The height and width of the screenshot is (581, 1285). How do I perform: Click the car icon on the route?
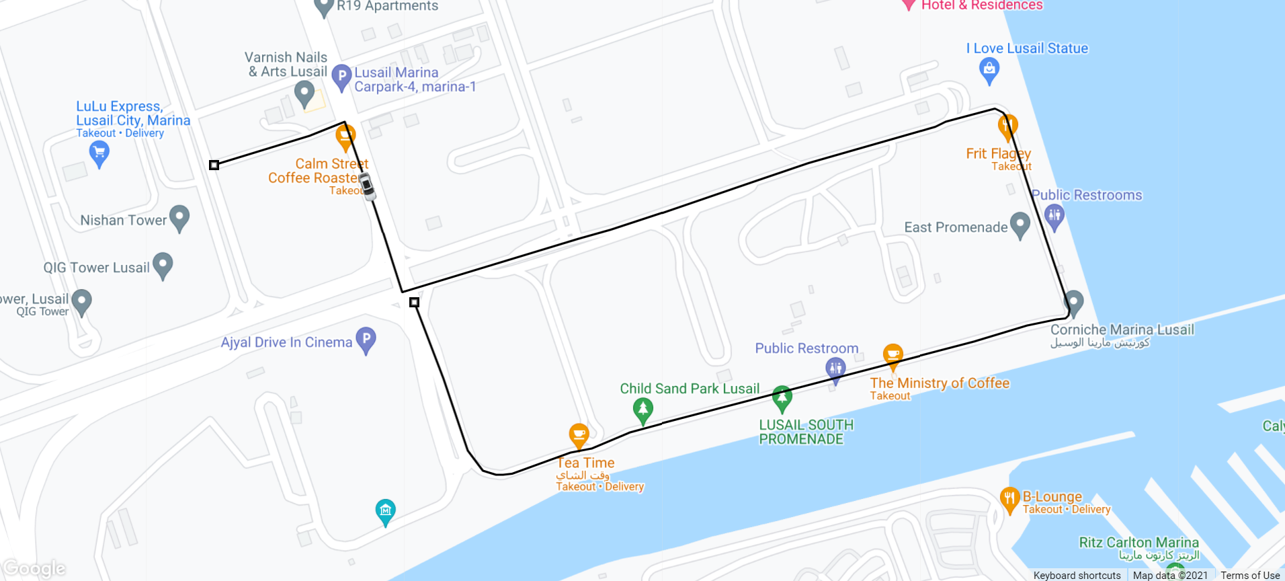pyautogui.click(x=366, y=186)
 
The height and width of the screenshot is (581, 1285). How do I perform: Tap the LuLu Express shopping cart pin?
pyautogui.click(x=99, y=153)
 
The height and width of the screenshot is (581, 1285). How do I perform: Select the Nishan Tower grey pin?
pyautogui.click(x=179, y=217)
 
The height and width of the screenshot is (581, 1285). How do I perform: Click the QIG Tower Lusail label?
pyautogui.click(x=96, y=268)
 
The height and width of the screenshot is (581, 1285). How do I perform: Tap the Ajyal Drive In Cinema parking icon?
pyautogui.click(x=366, y=340)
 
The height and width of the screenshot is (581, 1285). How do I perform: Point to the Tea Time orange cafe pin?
pyautogui.click(x=579, y=435)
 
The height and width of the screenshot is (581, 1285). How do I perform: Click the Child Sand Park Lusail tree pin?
pyautogui.click(x=642, y=409)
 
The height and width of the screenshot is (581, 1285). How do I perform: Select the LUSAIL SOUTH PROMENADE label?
pyautogui.click(x=806, y=432)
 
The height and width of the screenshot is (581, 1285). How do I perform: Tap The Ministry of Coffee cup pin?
pyautogui.click(x=893, y=356)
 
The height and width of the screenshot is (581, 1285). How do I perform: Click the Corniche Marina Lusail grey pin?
pyautogui.click(x=1073, y=302)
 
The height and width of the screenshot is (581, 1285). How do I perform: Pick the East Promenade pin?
pyautogui.click(x=1020, y=225)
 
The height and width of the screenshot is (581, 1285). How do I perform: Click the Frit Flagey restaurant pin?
pyautogui.click(x=1007, y=126)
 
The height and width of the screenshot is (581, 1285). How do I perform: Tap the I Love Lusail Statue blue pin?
pyautogui.click(x=989, y=69)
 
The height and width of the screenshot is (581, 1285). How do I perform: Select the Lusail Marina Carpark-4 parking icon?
pyautogui.click(x=341, y=77)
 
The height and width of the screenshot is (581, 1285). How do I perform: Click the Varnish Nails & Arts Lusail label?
pyautogui.click(x=287, y=65)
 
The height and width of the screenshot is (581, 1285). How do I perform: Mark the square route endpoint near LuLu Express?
pyautogui.click(x=214, y=165)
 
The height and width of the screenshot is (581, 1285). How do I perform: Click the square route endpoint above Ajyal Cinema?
pyautogui.click(x=414, y=303)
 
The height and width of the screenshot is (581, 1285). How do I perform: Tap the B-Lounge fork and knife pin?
pyautogui.click(x=1009, y=499)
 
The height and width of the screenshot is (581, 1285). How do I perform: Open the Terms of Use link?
pyautogui.click(x=1250, y=575)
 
